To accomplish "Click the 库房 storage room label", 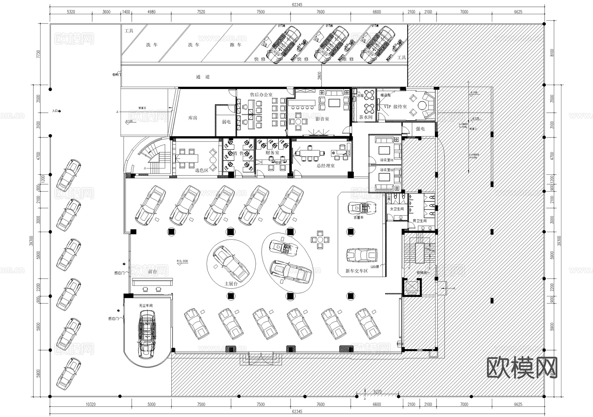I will (x=193, y=118).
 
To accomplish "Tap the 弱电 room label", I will (x=226, y=122).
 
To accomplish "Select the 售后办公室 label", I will (x=261, y=95).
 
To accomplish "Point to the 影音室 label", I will (x=322, y=119).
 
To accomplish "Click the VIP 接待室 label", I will (x=395, y=107).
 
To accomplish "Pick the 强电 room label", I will (x=420, y=129).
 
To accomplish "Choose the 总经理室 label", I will (x=325, y=166).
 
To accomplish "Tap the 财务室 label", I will (x=272, y=153).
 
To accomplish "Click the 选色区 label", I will (x=202, y=170).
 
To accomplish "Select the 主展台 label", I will (x=231, y=283).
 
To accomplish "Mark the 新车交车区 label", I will (x=356, y=271).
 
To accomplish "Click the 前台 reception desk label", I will (x=153, y=272).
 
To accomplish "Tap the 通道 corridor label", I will (x=203, y=77).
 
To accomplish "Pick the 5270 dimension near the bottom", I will (x=378, y=392).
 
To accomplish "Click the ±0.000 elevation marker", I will (x=182, y=261).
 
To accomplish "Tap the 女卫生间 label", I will (x=397, y=209).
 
